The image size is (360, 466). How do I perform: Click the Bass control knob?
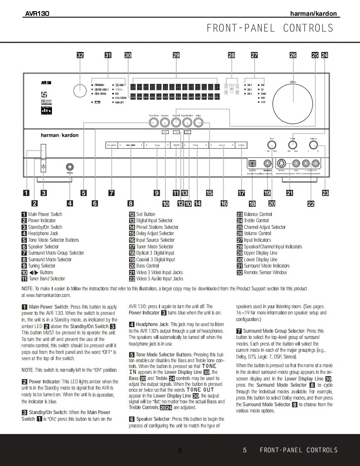coord(272,145)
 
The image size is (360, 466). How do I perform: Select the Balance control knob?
coord(313,145)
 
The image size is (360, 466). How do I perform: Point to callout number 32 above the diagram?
coord(80,55)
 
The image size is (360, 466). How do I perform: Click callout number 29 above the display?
coord(176,55)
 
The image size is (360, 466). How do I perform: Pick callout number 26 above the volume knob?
coord(293,55)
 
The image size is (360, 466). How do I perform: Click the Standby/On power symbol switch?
coord(43,167)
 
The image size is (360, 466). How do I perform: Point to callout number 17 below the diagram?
coord(242,193)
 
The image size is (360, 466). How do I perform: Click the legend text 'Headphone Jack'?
coord(43,233)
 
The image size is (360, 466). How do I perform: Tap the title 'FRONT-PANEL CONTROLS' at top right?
coord(270,28)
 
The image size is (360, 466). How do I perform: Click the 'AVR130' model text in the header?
coord(37,14)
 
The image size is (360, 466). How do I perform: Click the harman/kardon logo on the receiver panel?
coord(59,135)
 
